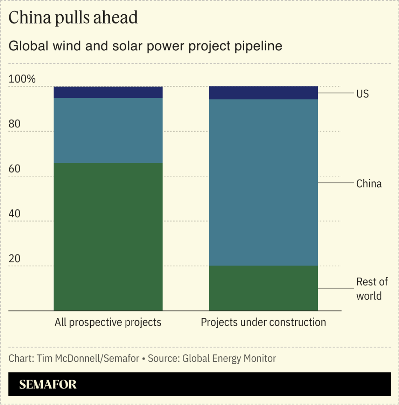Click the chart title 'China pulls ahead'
73,18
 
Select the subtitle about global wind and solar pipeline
145,46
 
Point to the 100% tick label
22,79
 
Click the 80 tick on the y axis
15,124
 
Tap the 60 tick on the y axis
15,169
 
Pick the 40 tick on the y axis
15,214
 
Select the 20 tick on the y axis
15,259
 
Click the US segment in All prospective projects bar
108,92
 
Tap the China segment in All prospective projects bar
108,130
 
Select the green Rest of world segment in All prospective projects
108,237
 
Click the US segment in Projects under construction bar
263,93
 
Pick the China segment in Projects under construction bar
263,182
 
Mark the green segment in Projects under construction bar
263,288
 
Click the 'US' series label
362,94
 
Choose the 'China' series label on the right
369,184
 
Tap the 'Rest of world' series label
372,289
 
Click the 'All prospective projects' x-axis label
108,322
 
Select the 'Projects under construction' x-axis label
263,322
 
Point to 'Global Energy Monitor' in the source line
229,358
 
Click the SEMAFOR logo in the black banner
48,384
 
